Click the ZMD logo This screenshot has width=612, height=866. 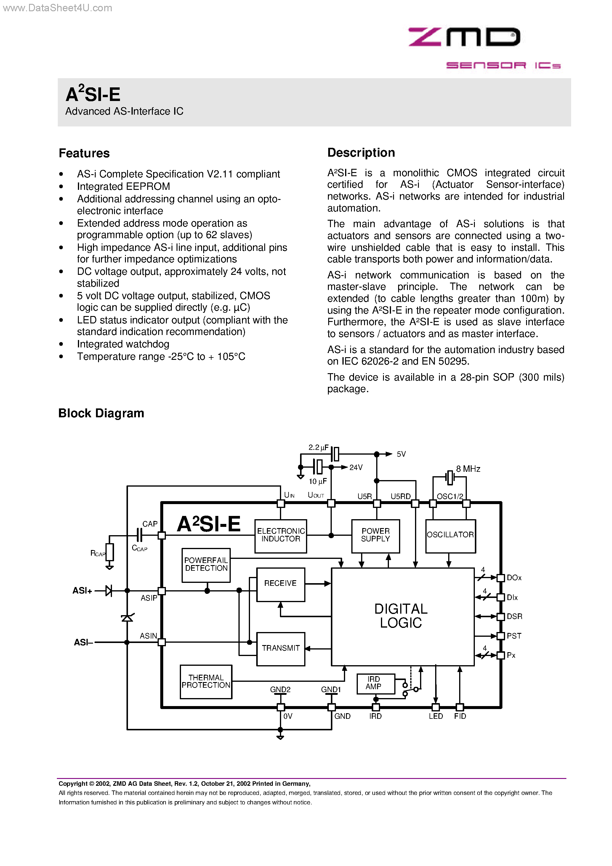tap(464, 37)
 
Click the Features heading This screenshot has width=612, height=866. tap(84, 153)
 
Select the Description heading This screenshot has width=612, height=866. tap(361, 153)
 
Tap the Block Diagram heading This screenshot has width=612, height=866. tap(101, 413)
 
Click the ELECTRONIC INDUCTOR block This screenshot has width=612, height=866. tap(281, 535)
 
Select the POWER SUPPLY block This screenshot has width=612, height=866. tap(375, 535)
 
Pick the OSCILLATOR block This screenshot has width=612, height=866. tap(450, 535)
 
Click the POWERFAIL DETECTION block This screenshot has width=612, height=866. tap(206, 564)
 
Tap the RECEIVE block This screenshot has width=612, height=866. tap(280, 584)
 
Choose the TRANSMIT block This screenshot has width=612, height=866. tap(280, 648)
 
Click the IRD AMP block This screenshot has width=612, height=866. tap(375, 683)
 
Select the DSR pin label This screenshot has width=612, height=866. tap(514, 616)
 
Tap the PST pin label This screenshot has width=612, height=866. tap(514, 636)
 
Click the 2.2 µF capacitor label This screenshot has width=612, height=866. tap(318, 448)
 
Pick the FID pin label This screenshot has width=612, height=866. tap(460, 716)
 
